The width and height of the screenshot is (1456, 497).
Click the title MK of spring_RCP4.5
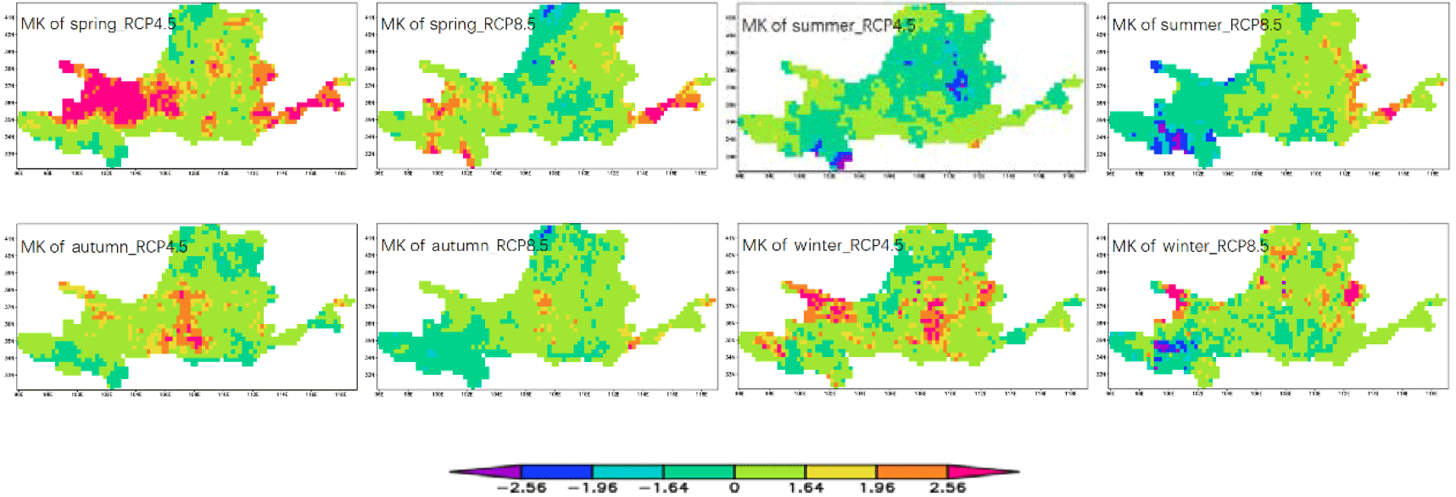pyautogui.click(x=98, y=24)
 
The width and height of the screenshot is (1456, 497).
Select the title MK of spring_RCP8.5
pyautogui.click(x=458, y=24)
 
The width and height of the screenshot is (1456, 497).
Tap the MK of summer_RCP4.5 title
pyautogui.click(x=828, y=25)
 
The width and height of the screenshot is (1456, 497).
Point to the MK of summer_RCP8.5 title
pyautogui.click(x=1197, y=25)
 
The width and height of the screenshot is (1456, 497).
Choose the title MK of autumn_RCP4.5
pyautogui.click(x=103, y=247)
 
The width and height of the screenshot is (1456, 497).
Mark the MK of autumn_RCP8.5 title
pyautogui.click(x=464, y=246)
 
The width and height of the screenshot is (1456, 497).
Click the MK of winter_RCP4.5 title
pyautogui.click(x=823, y=246)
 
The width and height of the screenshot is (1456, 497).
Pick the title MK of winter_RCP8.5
pyautogui.click(x=1190, y=246)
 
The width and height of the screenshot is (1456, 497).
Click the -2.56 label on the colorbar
pyautogui.click(x=521, y=488)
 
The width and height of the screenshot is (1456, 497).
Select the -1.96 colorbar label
pyautogui.click(x=592, y=488)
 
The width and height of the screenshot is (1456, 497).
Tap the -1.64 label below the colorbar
pyautogui.click(x=663, y=488)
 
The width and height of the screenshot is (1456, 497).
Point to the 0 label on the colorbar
pyautogui.click(x=734, y=488)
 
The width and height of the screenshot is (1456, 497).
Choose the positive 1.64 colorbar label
pyautogui.click(x=806, y=488)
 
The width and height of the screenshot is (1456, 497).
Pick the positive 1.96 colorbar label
pyautogui.click(x=877, y=488)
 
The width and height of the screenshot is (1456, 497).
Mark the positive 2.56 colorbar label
pyautogui.click(x=947, y=488)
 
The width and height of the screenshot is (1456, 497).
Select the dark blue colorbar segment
pyautogui.click(x=556, y=472)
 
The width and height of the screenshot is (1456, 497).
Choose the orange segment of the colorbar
pyautogui.click(x=912, y=472)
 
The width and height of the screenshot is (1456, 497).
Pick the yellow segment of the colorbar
pyautogui.click(x=841, y=472)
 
